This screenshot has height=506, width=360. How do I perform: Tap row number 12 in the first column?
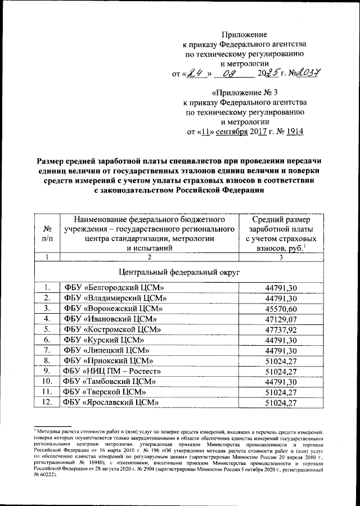(x=48, y=402)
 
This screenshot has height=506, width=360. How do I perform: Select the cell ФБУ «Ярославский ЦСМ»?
(x=110, y=402)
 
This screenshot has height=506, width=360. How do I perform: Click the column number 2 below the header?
(x=150, y=257)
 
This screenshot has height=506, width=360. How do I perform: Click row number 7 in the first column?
(x=48, y=350)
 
